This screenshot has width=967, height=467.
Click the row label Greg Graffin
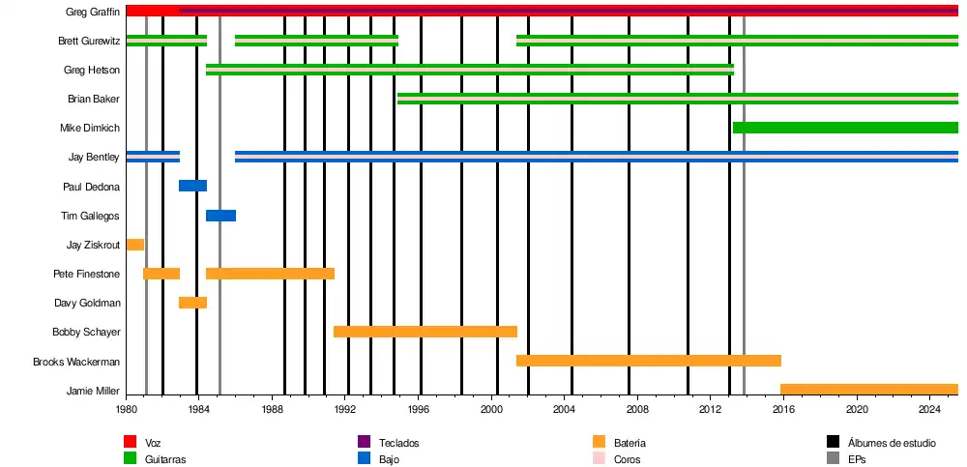pos(93,12)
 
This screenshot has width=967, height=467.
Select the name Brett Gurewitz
pos(89,41)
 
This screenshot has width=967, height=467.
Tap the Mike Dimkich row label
pos(90,128)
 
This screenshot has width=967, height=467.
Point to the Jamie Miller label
pos(93,391)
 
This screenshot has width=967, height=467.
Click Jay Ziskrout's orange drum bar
pos(135,245)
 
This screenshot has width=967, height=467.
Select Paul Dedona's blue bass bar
pos(192,186)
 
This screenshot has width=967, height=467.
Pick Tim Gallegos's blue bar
pos(220,216)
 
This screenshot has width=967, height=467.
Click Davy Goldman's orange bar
pos(192,303)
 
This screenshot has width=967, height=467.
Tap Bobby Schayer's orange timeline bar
pos(425,332)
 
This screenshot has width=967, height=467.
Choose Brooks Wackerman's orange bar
pos(648,361)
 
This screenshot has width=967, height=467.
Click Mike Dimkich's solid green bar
pos(844,128)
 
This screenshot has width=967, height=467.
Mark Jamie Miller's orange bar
pos(868,390)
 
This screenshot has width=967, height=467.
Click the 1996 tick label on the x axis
pos(418,410)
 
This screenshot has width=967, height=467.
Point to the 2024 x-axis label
pos(930,410)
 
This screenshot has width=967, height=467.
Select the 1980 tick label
pos(126,410)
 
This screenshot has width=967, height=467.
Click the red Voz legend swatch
pos(130,442)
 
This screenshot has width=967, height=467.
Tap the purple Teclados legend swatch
pos(364,442)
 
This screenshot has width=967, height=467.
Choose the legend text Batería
pos(630,443)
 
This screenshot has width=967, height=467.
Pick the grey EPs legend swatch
pos(833,459)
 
